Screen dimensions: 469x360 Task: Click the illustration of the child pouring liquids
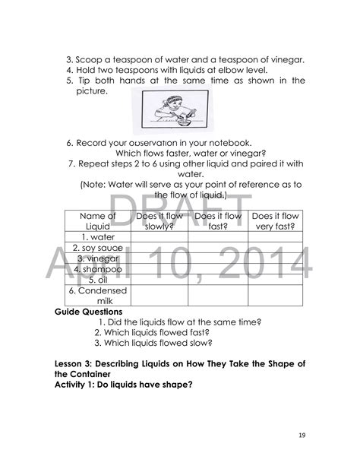tap(168, 112)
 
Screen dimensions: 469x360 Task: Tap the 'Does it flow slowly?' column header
tap(159, 221)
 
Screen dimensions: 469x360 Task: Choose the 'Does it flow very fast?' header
tap(275, 221)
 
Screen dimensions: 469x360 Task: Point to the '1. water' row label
tap(97, 237)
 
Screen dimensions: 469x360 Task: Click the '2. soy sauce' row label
tap(97, 248)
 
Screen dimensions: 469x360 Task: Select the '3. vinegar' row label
tap(97, 258)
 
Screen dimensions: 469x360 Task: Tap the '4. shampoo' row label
tap(97, 269)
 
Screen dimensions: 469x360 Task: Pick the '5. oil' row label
tap(97, 280)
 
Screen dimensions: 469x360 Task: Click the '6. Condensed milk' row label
tap(97, 296)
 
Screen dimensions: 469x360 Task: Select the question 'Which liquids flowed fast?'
tap(152, 332)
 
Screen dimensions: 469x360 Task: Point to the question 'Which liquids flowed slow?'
tap(153, 343)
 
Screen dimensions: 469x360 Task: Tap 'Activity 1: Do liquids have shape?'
tap(124, 385)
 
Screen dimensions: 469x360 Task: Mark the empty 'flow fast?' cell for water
tap(217, 237)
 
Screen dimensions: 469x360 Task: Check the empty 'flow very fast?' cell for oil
tap(275, 280)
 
